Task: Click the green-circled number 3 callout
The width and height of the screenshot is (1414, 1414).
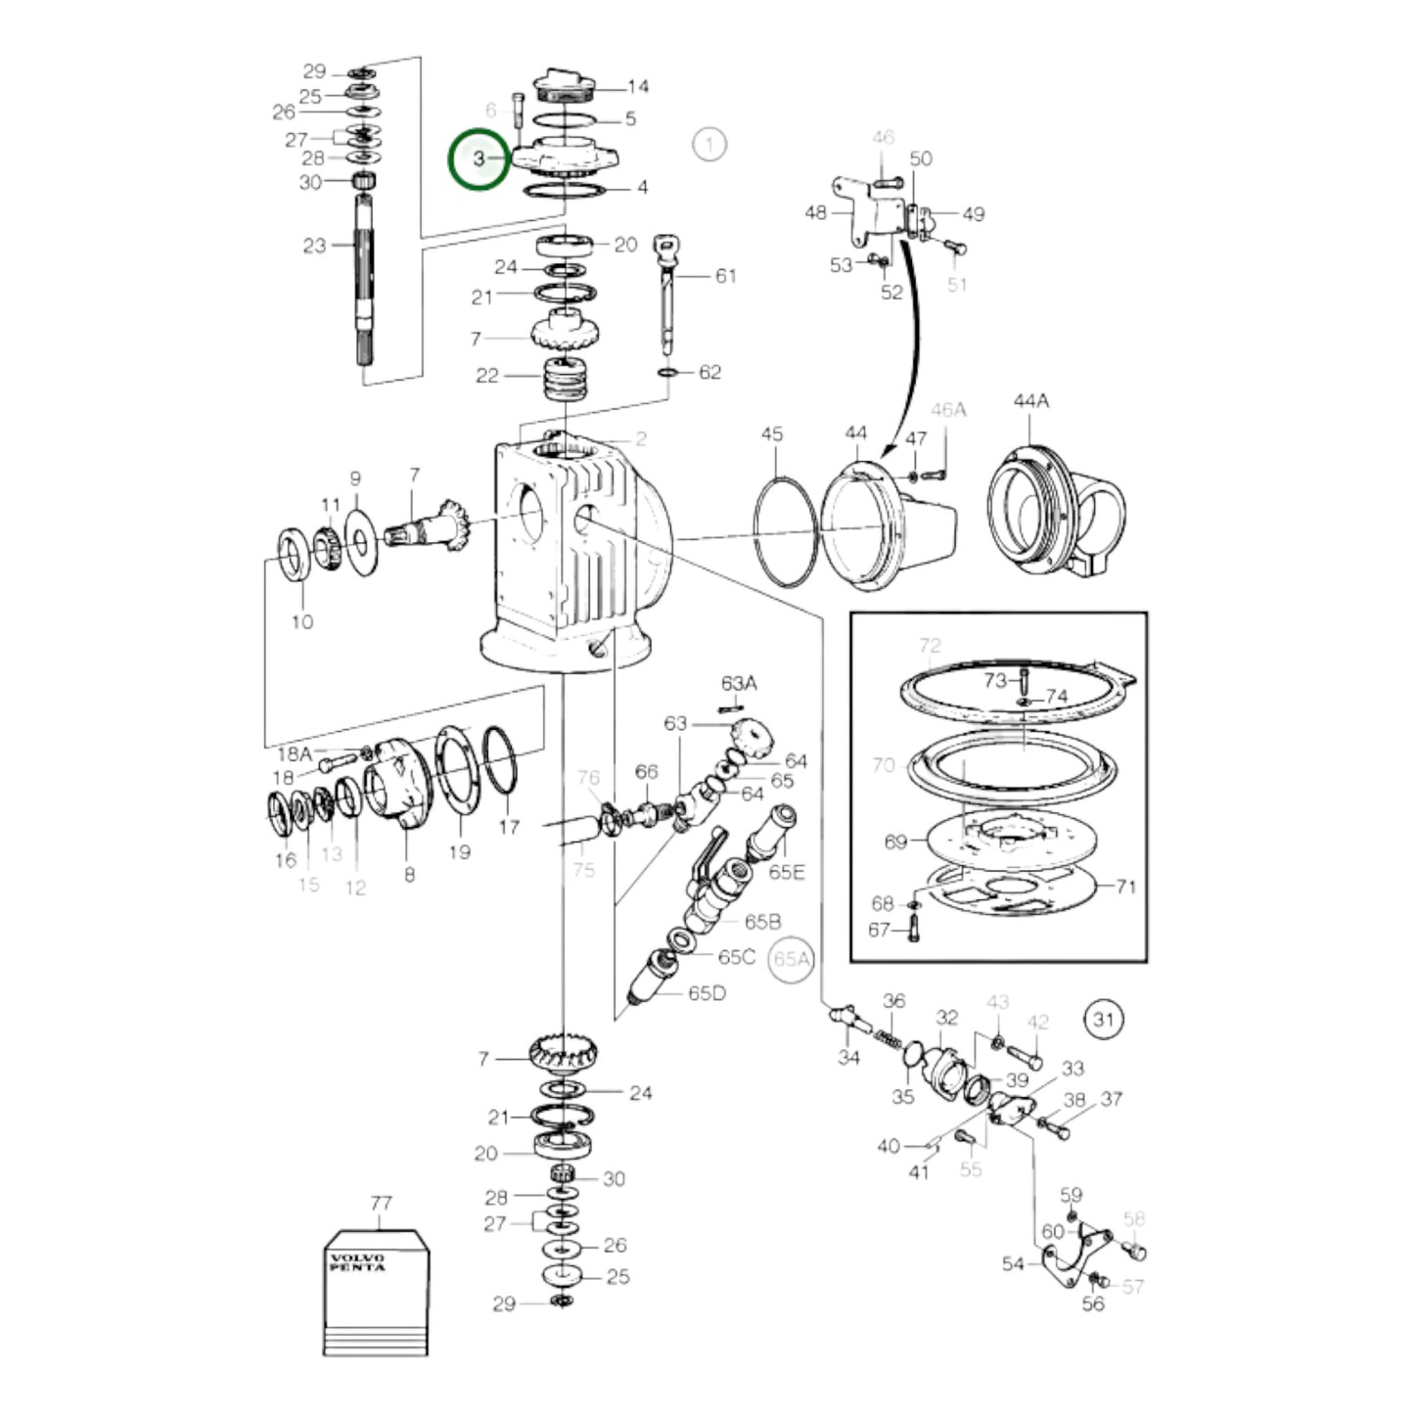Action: point(479,160)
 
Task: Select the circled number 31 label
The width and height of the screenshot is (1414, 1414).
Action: point(1104,1020)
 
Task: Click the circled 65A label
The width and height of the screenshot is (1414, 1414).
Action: point(792,959)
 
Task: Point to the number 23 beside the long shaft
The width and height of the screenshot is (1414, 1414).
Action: point(314,245)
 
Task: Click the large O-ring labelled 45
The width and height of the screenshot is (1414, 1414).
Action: point(785,531)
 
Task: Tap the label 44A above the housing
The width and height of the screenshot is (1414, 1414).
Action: point(1031,401)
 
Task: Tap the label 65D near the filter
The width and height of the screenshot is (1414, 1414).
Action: point(707,993)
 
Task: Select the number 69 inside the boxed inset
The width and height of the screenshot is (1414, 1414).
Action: point(895,842)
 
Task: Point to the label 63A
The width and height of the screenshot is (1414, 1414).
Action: point(739,684)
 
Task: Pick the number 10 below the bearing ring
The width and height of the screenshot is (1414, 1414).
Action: point(302,621)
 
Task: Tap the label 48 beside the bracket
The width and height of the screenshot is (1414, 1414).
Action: point(816,212)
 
